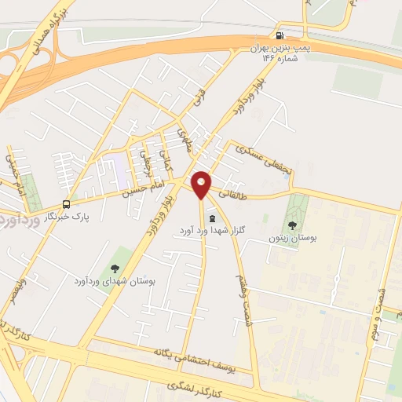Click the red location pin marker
point(201,185)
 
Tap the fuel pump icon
point(280,35)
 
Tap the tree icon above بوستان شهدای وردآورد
point(115,269)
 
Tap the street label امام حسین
point(144,188)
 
